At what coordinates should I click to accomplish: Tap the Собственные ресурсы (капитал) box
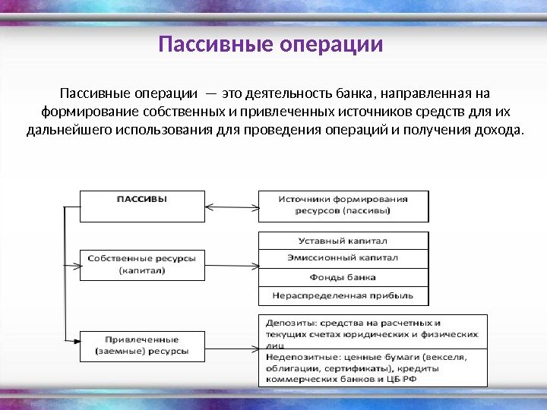[x=142, y=264]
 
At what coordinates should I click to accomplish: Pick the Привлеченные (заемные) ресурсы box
[x=142, y=345]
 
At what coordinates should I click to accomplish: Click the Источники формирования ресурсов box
[x=342, y=204]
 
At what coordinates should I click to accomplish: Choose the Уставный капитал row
[x=342, y=241]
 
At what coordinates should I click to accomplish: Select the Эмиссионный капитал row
[x=342, y=258]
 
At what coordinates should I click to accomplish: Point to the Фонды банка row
[x=342, y=276]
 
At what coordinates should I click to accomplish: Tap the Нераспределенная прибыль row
[x=342, y=295]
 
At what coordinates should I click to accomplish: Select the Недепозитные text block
[x=372, y=367]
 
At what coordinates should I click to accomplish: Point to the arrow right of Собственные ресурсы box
[x=232, y=266]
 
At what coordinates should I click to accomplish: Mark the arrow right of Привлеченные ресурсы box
[x=232, y=345]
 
